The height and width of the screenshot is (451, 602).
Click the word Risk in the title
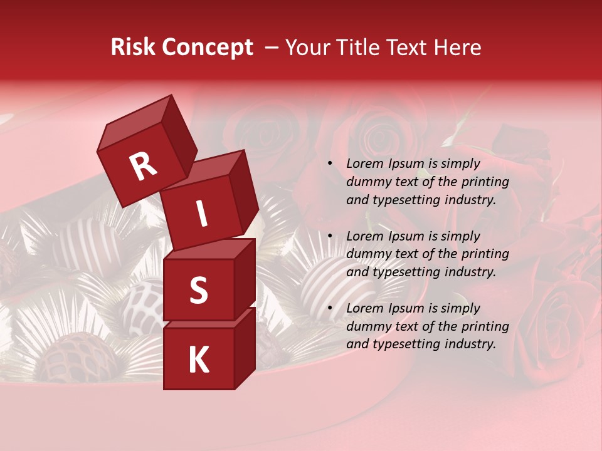pyautogui.click(x=134, y=48)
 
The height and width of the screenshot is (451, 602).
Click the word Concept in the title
pyautogui.click(x=207, y=48)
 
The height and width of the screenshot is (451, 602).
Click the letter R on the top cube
pyautogui.click(x=144, y=167)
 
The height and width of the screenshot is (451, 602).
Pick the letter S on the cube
pyautogui.click(x=199, y=291)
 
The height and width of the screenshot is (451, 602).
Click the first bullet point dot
pyautogui.click(x=329, y=163)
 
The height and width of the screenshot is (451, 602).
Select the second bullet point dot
pyautogui.click(x=329, y=236)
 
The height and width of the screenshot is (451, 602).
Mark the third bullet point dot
pyautogui.click(x=329, y=308)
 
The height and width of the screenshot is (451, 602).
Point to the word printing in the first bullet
pyautogui.click(x=485, y=182)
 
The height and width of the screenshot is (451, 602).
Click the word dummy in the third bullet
pyautogui.click(x=366, y=326)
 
